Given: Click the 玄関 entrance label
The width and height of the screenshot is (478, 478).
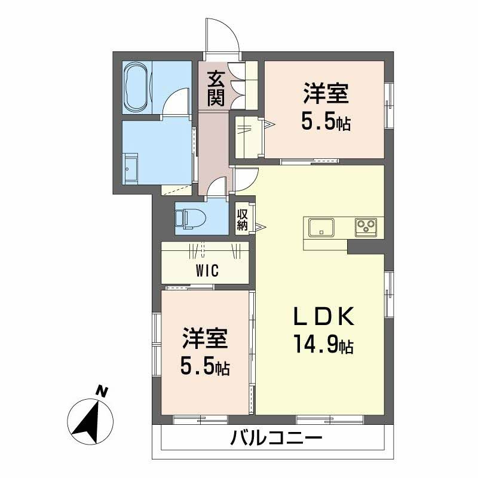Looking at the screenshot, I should pyautogui.click(x=216, y=88).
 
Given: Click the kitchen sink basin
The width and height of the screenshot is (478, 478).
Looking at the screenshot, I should pyautogui.click(x=321, y=228).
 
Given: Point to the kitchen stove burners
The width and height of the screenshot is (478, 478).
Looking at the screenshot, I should pyautogui.click(x=365, y=227).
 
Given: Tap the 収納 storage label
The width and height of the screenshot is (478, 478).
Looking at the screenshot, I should pyautogui.click(x=242, y=219).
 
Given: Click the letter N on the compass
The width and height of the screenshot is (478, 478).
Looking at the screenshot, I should pyautogui.click(x=103, y=392).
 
